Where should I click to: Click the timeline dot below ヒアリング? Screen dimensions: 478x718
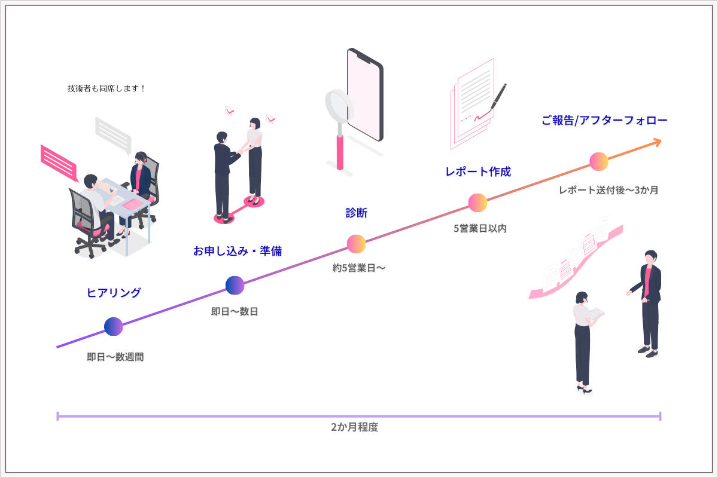(114, 326)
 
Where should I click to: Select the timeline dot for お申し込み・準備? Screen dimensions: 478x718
(235, 286)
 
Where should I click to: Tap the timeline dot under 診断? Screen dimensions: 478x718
(357, 244)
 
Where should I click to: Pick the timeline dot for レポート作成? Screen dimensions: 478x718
(477, 203)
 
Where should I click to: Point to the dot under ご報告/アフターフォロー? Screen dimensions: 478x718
(599, 161)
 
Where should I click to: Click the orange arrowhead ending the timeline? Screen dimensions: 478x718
(656, 142)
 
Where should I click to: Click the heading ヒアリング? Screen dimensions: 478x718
(114, 293)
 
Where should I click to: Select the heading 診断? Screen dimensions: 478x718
(357, 213)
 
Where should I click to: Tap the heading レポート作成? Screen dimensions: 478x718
(478, 172)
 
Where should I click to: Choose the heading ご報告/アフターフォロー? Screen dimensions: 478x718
(604, 120)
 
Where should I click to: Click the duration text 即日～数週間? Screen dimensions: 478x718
(115, 357)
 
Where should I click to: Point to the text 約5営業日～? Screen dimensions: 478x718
(359, 268)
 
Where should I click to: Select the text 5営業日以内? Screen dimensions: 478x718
(480, 228)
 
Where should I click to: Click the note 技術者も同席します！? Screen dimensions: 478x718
(107, 88)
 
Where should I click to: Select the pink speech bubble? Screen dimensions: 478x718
(59, 161)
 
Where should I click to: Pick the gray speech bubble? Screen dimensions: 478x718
(113, 135)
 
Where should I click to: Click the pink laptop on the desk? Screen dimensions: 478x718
(135, 205)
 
